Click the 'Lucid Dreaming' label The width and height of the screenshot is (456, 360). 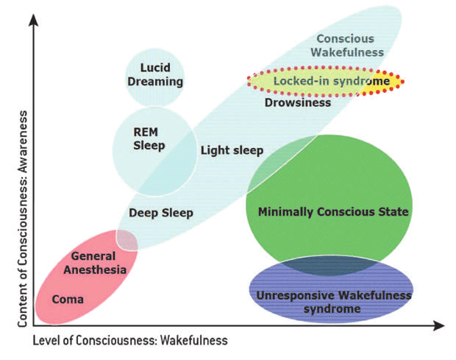[x=154, y=74]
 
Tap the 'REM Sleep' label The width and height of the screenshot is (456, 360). [x=149, y=138]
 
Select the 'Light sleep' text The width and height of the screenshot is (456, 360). [x=232, y=151]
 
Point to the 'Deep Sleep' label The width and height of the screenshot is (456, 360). [x=160, y=213]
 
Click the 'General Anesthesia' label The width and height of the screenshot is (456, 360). [x=99, y=263]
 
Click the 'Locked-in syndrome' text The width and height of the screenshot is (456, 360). [x=330, y=80]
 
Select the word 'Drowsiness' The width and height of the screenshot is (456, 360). [x=297, y=102]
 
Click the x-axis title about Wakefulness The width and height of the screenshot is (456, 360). [x=130, y=340]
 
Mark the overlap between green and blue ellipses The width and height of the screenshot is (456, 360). [x=324, y=265]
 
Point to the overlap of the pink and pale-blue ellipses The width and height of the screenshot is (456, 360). [x=127, y=240]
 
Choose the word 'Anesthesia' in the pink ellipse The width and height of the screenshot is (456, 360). [x=99, y=269]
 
